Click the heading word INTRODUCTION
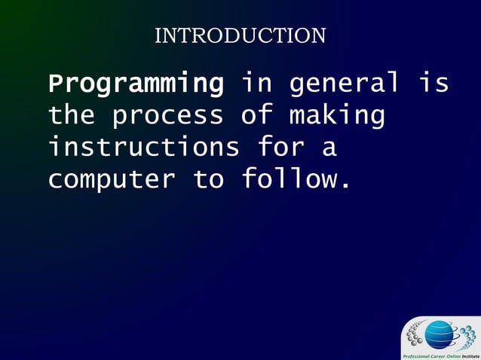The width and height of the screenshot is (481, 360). (240, 35)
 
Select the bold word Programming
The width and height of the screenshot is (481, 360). (136, 84)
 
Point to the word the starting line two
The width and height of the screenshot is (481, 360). (72, 115)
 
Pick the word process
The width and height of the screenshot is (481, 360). (167, 116)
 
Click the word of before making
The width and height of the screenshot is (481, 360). (256, 115)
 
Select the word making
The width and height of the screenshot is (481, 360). (337, 116)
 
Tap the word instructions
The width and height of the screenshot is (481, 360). (143, 147)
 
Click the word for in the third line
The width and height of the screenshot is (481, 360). (280, 147)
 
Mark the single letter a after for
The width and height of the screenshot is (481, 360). (329, 148)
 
